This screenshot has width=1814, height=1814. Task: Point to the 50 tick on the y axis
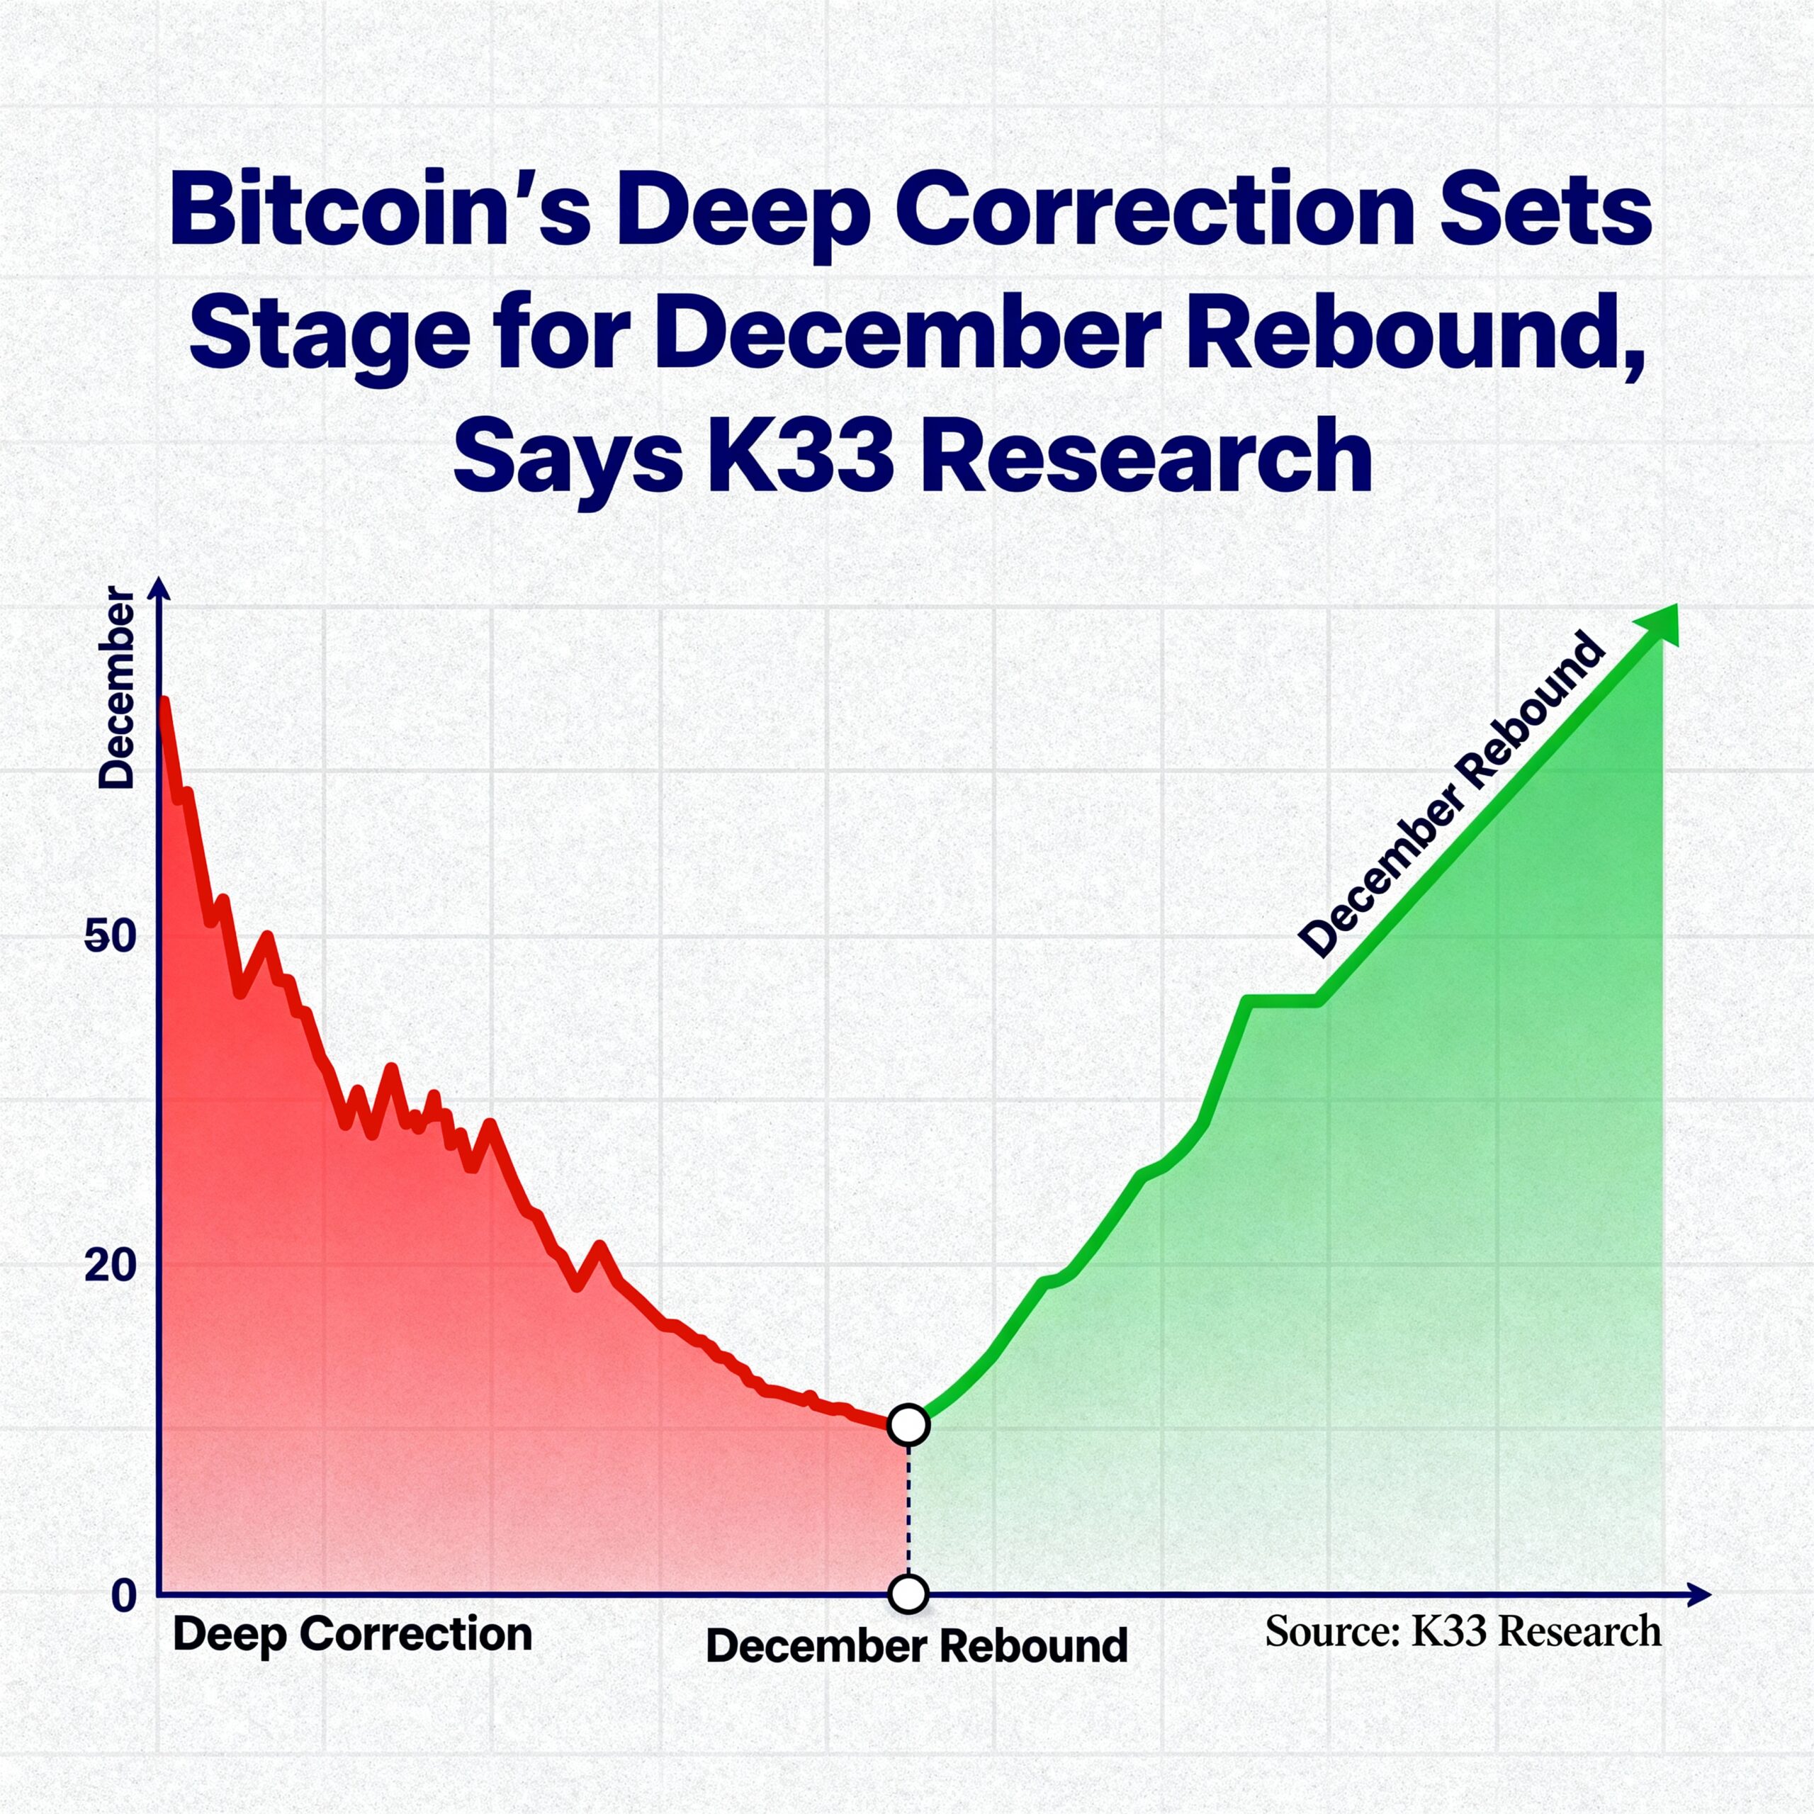111,936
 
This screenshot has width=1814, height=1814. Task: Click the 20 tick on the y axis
111,1266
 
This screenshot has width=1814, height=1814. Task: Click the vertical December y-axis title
118,688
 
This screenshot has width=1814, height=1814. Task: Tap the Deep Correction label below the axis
352,1635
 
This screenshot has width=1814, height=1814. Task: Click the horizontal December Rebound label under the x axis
916,1646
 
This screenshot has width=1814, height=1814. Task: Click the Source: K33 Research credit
1463,1631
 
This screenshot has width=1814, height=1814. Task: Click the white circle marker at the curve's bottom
908,1424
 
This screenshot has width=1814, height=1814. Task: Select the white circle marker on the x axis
908,1594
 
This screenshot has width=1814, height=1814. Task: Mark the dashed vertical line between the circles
908,1509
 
